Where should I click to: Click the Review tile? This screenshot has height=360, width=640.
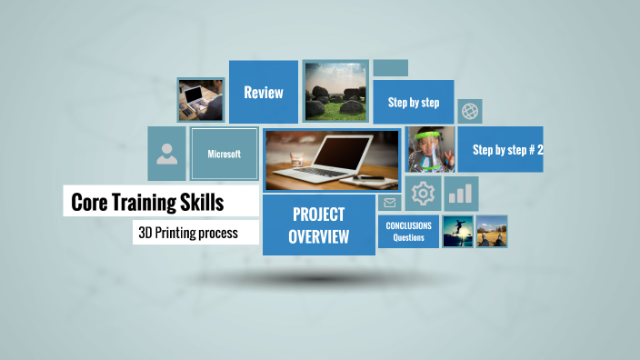tap(263, 92)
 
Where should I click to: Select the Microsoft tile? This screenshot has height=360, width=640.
tap(224, 154)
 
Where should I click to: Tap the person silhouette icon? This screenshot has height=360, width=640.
tap(167, 154)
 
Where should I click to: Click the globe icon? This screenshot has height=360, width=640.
tap(470, 111)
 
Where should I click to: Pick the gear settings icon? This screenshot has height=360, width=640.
tap(423, 194)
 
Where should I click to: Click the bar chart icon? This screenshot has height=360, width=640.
tap(461, 194)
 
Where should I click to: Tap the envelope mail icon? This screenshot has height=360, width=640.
tap(390, 203)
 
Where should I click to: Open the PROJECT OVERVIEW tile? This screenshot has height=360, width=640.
tap(318, 225)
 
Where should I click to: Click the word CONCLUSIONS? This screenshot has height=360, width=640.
tap(409, 225)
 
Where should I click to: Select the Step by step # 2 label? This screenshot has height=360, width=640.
tap(507, 150)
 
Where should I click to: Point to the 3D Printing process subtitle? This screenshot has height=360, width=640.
tap(188, 233)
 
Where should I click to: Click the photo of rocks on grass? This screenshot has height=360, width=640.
tap(335, 92)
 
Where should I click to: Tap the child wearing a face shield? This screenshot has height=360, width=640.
tap(429, 150)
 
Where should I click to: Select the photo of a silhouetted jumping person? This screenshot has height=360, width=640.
tap(457, 231)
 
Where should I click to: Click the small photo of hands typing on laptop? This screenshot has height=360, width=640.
tap(201, 99)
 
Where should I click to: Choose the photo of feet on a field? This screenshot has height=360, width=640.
tap(492, 231)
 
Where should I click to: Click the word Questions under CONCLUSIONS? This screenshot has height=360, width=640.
tap(409, 238)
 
